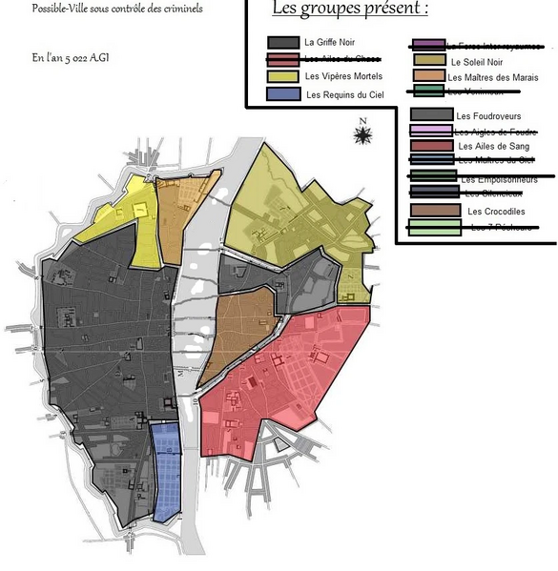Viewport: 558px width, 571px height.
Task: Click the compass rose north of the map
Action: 362,133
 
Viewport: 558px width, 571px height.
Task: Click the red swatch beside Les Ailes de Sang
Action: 429,146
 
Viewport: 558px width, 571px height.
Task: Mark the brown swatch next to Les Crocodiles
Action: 429,210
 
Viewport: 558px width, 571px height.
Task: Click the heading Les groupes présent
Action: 349,10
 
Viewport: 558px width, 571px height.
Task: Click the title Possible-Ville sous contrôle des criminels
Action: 116,10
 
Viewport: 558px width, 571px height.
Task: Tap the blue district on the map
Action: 167,472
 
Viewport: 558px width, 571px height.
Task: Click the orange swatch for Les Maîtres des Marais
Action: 429,76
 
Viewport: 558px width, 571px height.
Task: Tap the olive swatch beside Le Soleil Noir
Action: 429,61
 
